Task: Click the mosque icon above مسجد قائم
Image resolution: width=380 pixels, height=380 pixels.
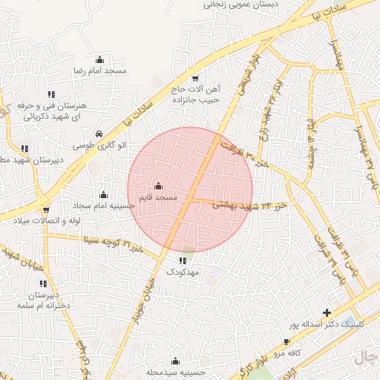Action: [159, 186]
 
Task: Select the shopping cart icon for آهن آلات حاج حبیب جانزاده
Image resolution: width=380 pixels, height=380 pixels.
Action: [195, 78]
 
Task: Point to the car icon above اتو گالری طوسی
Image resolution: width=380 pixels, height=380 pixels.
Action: [99, 134]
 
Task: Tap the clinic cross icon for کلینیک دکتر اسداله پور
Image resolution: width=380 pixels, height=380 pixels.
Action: [327, 312]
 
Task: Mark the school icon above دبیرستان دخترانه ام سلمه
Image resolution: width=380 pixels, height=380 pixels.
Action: [44, 284]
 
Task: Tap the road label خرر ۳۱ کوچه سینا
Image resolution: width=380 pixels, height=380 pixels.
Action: [111, 243]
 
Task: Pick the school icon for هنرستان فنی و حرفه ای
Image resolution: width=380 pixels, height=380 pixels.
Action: [50, 94]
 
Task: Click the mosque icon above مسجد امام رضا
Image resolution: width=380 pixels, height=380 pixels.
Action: [100, 59]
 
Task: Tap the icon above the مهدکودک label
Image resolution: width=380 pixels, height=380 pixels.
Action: [183, 261]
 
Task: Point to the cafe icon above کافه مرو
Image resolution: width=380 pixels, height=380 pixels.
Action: [287, 342]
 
